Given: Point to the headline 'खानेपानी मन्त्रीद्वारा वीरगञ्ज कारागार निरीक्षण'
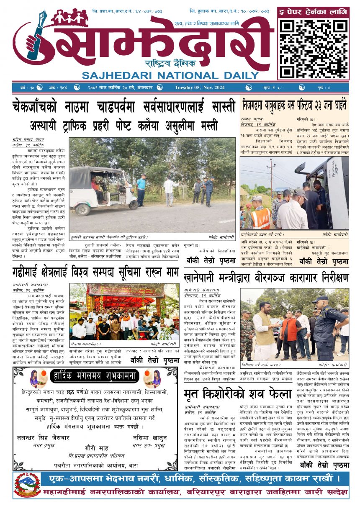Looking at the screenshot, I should pos(266,277).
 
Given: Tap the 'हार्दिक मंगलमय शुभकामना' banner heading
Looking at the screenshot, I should pos(95,377).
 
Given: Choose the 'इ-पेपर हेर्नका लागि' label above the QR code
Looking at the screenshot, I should pos(313,13).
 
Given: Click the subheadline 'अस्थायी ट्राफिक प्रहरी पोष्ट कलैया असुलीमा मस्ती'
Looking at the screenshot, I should pos(124,125).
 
